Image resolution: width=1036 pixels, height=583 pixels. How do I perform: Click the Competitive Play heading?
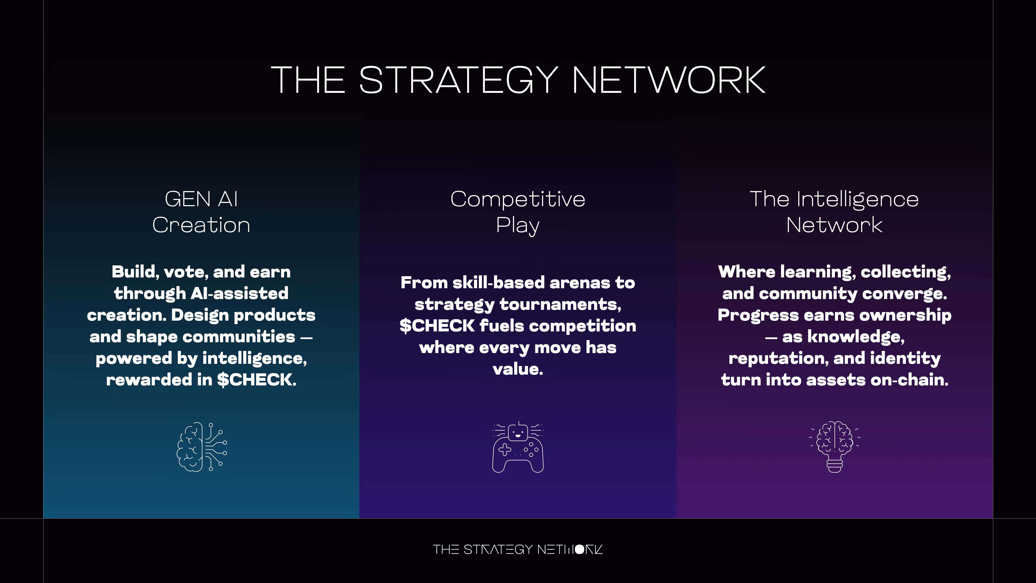click(x=518, y=212)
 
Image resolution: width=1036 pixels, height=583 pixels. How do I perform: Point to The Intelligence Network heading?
click(x=834, y=212)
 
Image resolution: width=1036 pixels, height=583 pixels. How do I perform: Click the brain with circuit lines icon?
click(x=202, y=447)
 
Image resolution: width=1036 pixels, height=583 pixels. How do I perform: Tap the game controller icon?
click(x=518, y=447)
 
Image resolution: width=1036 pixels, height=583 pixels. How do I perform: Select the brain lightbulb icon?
click(x=834, y=447)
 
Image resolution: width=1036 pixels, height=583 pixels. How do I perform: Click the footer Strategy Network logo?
click(x=518, y=549)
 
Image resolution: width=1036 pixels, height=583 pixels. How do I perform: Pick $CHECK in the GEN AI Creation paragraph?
click(x=256, y=380)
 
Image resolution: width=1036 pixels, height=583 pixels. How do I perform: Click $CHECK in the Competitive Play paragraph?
click(x=437, y=326)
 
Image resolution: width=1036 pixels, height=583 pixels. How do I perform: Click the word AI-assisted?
click(x=239, y=293)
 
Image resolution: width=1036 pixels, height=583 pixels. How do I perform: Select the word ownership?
click(x=905, y=315)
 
